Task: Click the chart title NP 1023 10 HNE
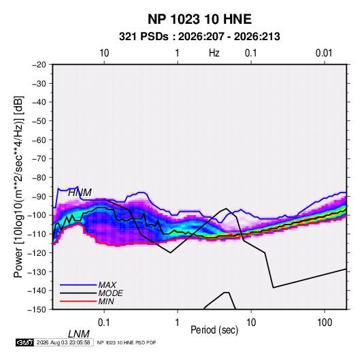pyautogui.click(x=199, y=19)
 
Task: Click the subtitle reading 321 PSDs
pyautogui.click(x=144, y=37)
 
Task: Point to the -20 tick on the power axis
pyautogui.click(x=39, y=65)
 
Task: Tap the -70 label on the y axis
pyautogui.click(x=39, y=159)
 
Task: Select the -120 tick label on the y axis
pyautogui.click(x=37, y=253)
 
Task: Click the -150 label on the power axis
pyautogui.click(x=37, y=310)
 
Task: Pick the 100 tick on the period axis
pyautogui.click(x=325, y=323)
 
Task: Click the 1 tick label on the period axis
pyautogui.click(x=178, y=323)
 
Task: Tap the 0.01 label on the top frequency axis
pyautogui.click(x=324, y=53)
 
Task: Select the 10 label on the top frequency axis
pyautogui.click(x=104, y=53)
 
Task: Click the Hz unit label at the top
pyautogui.click(x=214, y=53)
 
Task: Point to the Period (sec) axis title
pyautogui.click(x=214, y=330)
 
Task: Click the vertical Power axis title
pyautogui.click(x=18, y=187)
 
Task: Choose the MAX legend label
pyautogui.click(x=107, y=285)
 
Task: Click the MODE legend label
pyautogui.click(x=110, y=293)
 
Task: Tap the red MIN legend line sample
pyautogui.click(x=78, y=301)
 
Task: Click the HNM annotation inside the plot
pyautogui.click(x=80, y=193)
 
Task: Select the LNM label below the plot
pyautogui.click(x=79, y=334)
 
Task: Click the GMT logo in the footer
pyautogui.click(x=25, y=342)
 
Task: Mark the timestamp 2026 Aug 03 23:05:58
pyautogui.click(x=63, y=342)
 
